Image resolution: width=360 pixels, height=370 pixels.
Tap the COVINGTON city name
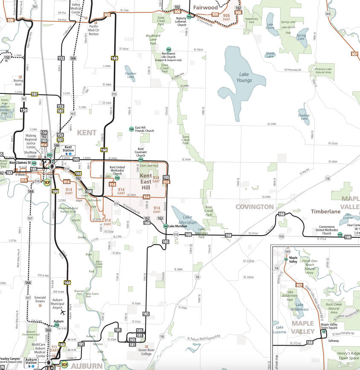[255, 207]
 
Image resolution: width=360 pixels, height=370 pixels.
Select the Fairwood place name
[205, 7]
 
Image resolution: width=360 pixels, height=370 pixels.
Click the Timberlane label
[325, 211]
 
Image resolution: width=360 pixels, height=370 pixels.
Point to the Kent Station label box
[69, 149]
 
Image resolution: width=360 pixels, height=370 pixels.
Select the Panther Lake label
[131, 76]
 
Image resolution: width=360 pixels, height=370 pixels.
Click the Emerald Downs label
[40, 299]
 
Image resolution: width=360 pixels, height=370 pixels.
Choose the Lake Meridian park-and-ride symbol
[165, 226]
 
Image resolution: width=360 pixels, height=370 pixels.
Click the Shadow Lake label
[304, 117]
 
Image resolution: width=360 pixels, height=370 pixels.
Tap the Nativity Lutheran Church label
[182, 21]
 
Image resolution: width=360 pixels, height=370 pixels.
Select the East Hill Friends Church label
[144, 129]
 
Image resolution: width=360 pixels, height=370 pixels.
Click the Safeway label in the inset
[333, 341]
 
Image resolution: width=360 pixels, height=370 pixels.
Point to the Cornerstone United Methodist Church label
[326, 230]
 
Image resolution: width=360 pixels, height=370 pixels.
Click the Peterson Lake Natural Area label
[323, 70]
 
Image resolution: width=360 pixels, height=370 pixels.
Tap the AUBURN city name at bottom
[87, 366]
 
